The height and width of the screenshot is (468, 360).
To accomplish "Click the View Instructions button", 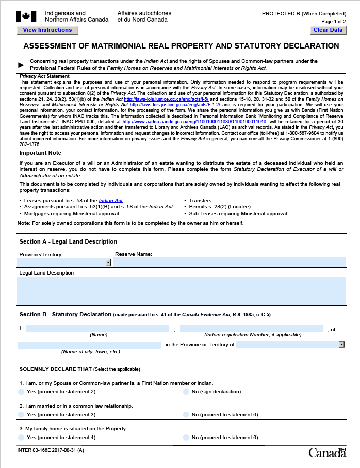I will click(47, 30).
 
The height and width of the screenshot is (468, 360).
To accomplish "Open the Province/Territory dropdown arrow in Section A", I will click(108, 263).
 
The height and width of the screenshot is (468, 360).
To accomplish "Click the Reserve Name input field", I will click(229, 263).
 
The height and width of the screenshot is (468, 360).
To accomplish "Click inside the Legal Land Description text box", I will click(181, 291).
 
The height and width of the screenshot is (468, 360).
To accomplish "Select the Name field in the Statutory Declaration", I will click(97, 329).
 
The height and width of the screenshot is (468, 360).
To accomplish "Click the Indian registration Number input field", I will click(252, 329).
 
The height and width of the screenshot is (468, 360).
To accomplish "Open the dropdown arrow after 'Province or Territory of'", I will click(341, 344).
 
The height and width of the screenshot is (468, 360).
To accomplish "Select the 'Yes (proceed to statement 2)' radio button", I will click(21, 392).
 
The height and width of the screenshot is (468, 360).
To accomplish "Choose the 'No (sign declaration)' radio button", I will click(186, 392).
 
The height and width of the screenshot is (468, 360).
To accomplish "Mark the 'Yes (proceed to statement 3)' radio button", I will click(21, 414).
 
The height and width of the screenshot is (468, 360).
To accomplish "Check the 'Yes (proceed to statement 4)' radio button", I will click(21, 437).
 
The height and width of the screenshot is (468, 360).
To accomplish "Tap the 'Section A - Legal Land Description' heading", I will click(68, 241).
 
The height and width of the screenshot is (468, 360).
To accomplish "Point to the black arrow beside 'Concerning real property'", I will click(21, 65).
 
